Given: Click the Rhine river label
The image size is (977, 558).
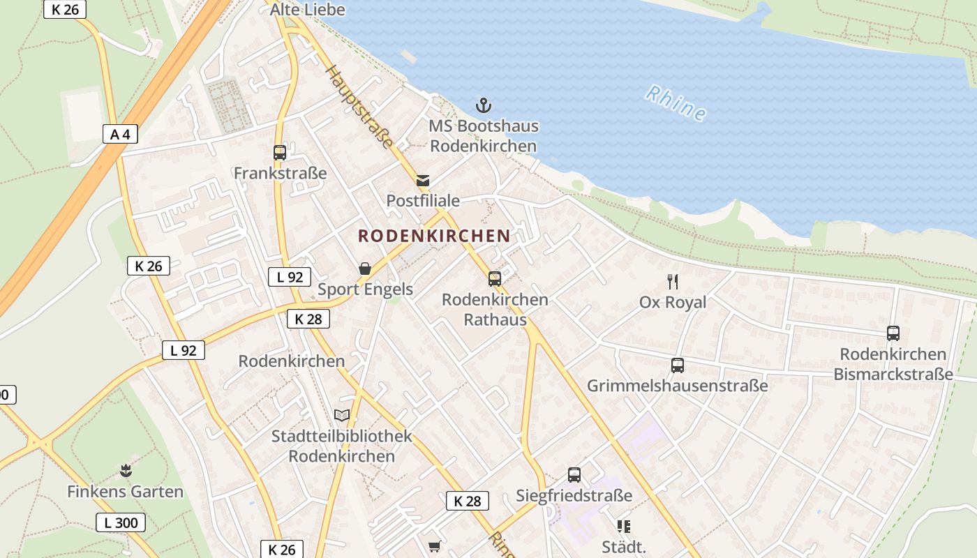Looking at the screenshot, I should [676, 103].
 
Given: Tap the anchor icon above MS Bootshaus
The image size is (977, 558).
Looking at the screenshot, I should [484, 105].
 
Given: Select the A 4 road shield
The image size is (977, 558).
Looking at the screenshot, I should [120, 134].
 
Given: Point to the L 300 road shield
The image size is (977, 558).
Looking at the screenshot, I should [121, 522].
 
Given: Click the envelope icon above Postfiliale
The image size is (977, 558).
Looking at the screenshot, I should [423, 181].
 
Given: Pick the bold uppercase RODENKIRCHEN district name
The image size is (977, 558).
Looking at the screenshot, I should [434, 236].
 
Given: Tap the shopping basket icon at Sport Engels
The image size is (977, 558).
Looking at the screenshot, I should [364, 269].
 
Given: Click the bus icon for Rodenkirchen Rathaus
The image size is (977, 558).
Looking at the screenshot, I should [495, 279].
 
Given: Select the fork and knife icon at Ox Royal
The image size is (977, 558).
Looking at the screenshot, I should [673, 282].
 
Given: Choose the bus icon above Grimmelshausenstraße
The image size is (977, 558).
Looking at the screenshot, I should [677, 365].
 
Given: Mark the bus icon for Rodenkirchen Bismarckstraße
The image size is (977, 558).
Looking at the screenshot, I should [893, 333].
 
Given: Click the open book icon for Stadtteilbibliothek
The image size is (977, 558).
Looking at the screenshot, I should [341, 416].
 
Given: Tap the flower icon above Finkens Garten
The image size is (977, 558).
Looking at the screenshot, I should [126, 471].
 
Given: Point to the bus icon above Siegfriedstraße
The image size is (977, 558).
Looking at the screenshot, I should [574, 475].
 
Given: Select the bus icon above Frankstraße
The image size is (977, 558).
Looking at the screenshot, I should [280, 153].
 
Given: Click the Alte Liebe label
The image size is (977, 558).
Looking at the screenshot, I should [308, 10].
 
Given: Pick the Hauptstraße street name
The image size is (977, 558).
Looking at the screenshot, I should [360, 107].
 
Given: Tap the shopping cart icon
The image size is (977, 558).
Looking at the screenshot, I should [434, 546].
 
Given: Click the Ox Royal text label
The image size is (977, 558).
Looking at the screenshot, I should [673, 302].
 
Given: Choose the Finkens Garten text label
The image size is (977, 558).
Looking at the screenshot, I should [126, 492].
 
